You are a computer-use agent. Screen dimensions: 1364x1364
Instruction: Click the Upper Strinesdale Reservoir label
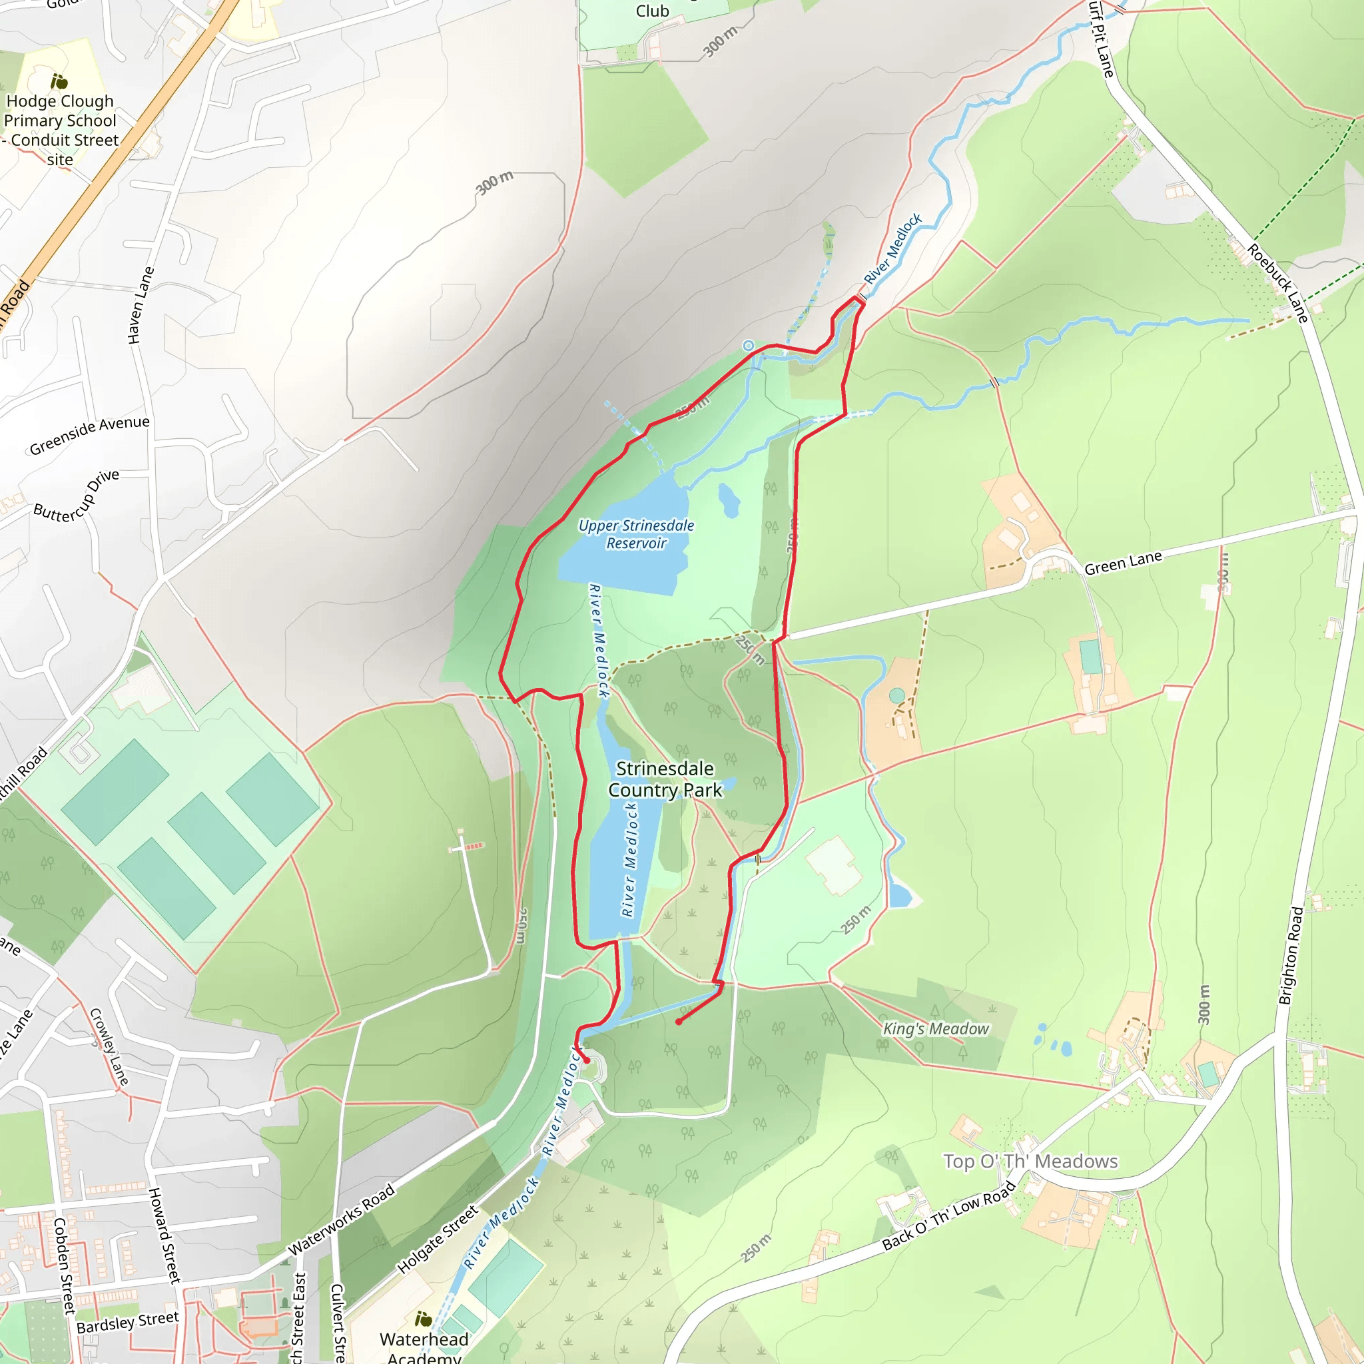click(x=635, y=534)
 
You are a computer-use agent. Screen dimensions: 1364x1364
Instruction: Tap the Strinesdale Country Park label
click(x=665, y=779)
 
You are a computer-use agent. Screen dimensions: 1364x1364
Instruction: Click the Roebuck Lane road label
click(x=1277, y=283)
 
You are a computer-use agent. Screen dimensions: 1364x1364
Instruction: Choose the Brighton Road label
click(x=1291, y=955)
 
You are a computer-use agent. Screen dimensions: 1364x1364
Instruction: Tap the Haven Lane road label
click(x=141, y=305)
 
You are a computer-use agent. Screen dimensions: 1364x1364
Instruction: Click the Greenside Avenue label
click(x=90, y=435)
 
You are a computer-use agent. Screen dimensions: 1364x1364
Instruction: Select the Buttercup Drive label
click(x=76, y=496)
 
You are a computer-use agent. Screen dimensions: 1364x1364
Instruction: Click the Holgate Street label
click(x=438, y=1239)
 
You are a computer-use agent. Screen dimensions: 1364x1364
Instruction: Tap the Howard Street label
click(x=164, y=1235)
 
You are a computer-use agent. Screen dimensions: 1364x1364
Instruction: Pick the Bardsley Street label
click(x=128, y=1322)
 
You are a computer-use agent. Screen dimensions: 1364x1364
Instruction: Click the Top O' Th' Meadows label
click(x=1030, y=1162)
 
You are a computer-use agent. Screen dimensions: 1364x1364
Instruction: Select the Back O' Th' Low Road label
click(x=948, y=1215)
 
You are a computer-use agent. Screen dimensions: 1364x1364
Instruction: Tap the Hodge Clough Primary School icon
click(x=59, y=82)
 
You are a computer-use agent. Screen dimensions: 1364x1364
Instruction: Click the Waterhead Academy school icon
click(x=423, y=1318)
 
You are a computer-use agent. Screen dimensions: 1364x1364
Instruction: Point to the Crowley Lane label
click(x=109, y=1046)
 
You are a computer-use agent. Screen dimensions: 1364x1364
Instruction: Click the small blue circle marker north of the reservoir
click(x=749, y=345)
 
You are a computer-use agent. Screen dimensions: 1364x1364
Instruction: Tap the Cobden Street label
click(x=63, y=1265)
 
